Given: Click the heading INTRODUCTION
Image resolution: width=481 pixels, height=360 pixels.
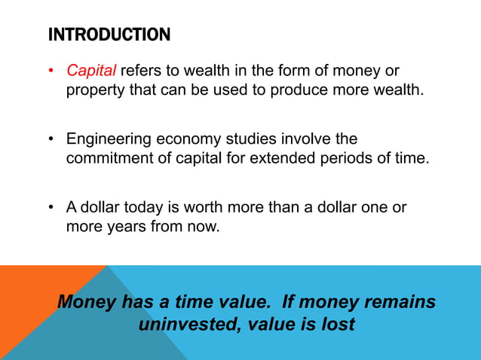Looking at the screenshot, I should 109,35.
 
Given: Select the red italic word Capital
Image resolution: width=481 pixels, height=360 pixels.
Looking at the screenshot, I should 91,72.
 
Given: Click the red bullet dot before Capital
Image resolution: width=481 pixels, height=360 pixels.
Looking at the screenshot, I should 51,72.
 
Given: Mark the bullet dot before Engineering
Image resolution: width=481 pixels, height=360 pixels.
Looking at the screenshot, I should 51,141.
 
